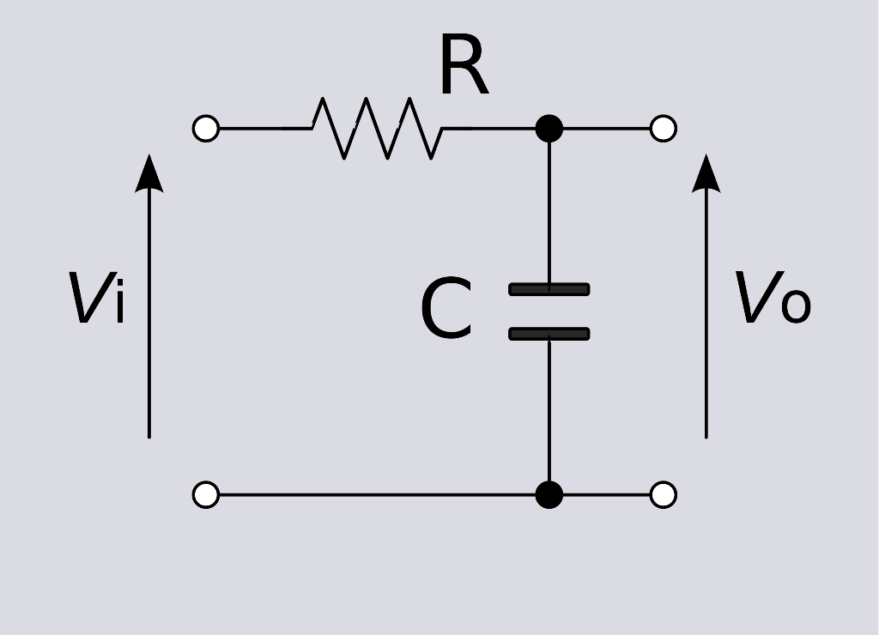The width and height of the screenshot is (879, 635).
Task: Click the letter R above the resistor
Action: click(x=463, y=69)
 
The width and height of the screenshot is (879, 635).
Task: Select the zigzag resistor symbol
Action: click(x=378, y=129)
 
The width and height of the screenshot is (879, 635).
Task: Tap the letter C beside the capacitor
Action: click(x=446, y=311)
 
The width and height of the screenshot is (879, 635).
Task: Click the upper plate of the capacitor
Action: click(x=549, y=289)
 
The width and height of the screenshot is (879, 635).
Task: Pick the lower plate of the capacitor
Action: click(x=549, y=333)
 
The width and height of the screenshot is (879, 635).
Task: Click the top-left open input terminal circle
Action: click(x=206, y=129)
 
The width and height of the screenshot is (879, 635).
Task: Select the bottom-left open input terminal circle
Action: click(x=206, y=495)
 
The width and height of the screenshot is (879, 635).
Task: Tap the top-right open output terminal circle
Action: click(x=664, y=129)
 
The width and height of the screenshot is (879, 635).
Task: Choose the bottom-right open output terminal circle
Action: click(x=664, y=495)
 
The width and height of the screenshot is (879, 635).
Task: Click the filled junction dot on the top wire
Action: click(x=549, y=129)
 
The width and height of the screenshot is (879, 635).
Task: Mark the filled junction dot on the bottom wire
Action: click(x=549, y=495)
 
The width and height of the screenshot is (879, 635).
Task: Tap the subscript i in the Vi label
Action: click(x=118, y=304)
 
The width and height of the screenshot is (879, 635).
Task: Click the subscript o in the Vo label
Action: click(x=795, y=306)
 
